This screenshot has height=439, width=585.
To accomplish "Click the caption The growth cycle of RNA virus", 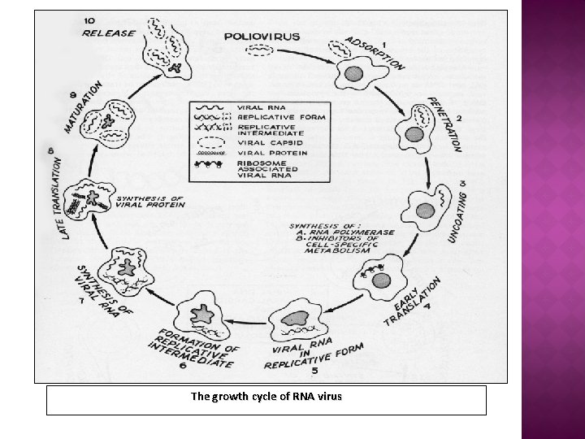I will click(x=266, y=397).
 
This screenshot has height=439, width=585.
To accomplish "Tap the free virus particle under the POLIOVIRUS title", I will click(x=259, y=51).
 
